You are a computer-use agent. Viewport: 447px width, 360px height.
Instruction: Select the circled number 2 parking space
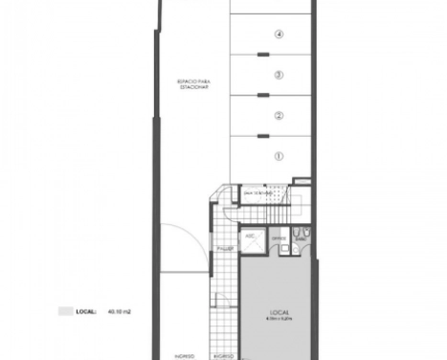279,116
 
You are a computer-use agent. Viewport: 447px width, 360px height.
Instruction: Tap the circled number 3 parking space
279,75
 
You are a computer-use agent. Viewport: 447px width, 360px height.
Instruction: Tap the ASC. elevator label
250,234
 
